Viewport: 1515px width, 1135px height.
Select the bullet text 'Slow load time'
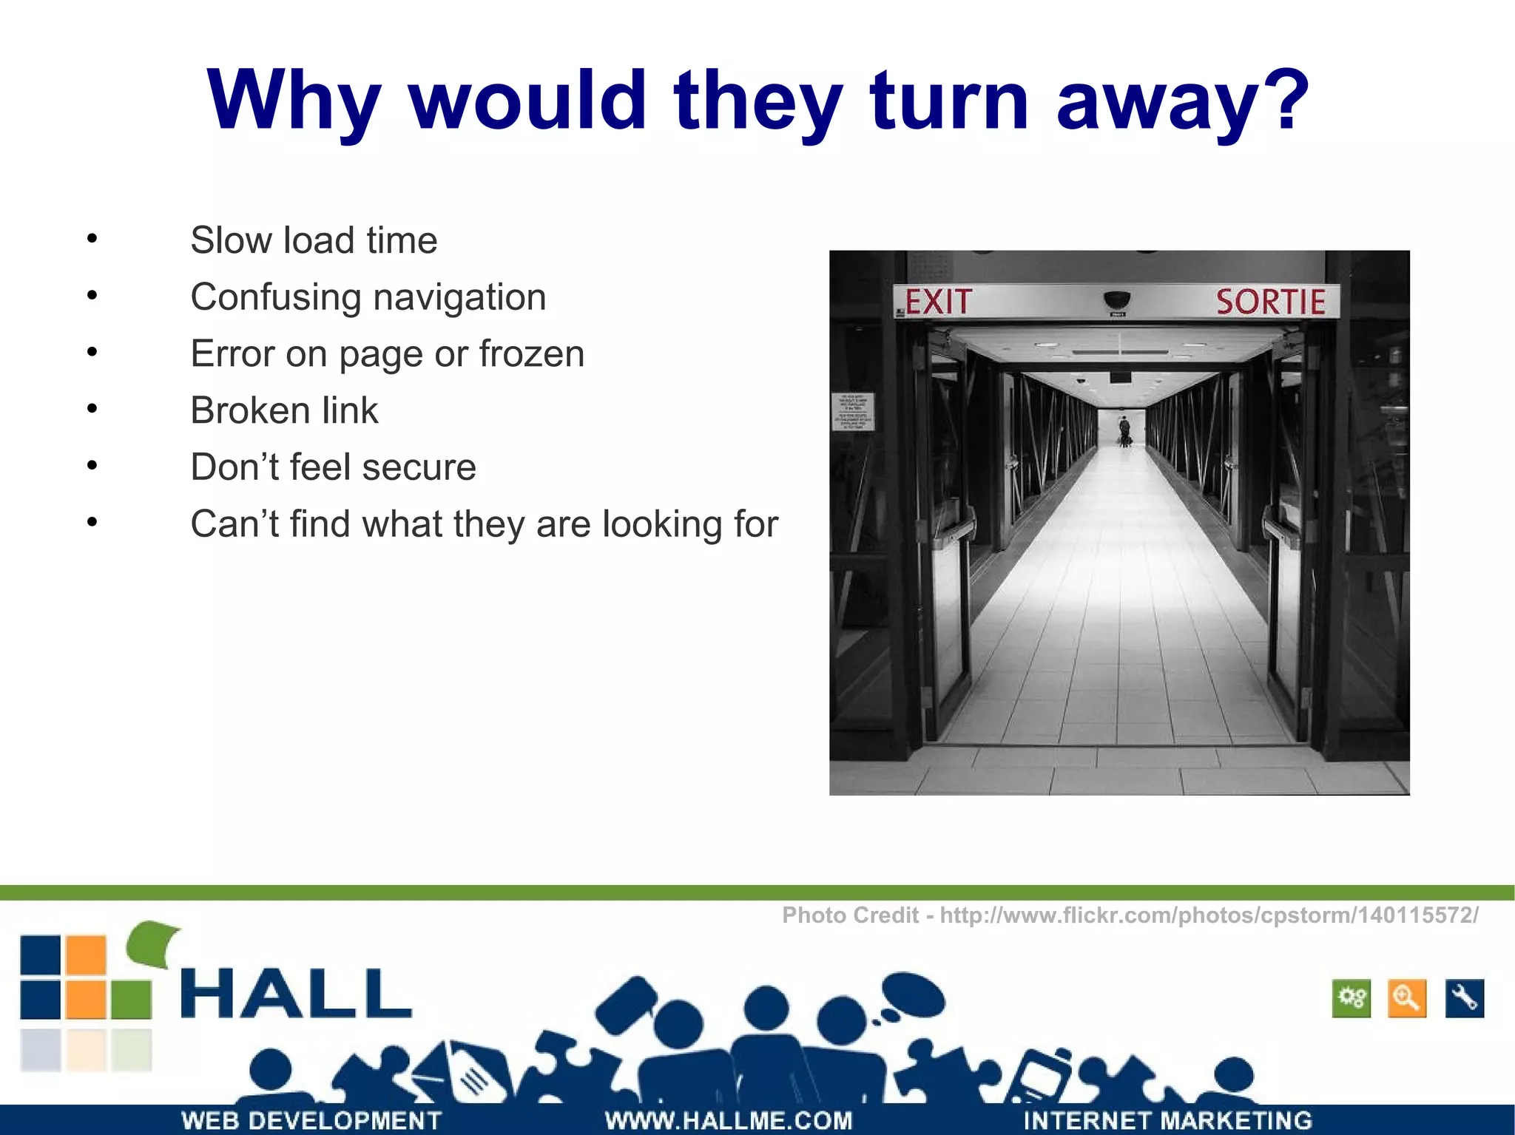[314, 240]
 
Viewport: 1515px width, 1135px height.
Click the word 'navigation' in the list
[459, 297]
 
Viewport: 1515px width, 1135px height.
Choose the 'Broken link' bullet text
[284, 410]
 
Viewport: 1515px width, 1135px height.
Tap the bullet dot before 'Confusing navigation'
[92, 296]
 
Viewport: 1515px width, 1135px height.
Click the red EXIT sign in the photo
[937, 302]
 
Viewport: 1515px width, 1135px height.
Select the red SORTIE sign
[1270, 302]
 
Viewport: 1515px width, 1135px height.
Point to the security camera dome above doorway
[1116, 299]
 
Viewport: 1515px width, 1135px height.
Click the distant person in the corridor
[1124, 431]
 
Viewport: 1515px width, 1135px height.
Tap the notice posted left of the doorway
[853, 412]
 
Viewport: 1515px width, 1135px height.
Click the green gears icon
[1352, 999]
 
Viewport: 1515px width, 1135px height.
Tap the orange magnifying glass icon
[1407, 999]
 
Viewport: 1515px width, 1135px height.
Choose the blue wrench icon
[1464, 999]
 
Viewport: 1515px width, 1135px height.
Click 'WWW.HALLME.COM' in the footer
[729, 1120]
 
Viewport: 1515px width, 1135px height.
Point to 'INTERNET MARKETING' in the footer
[1167, 1120]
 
